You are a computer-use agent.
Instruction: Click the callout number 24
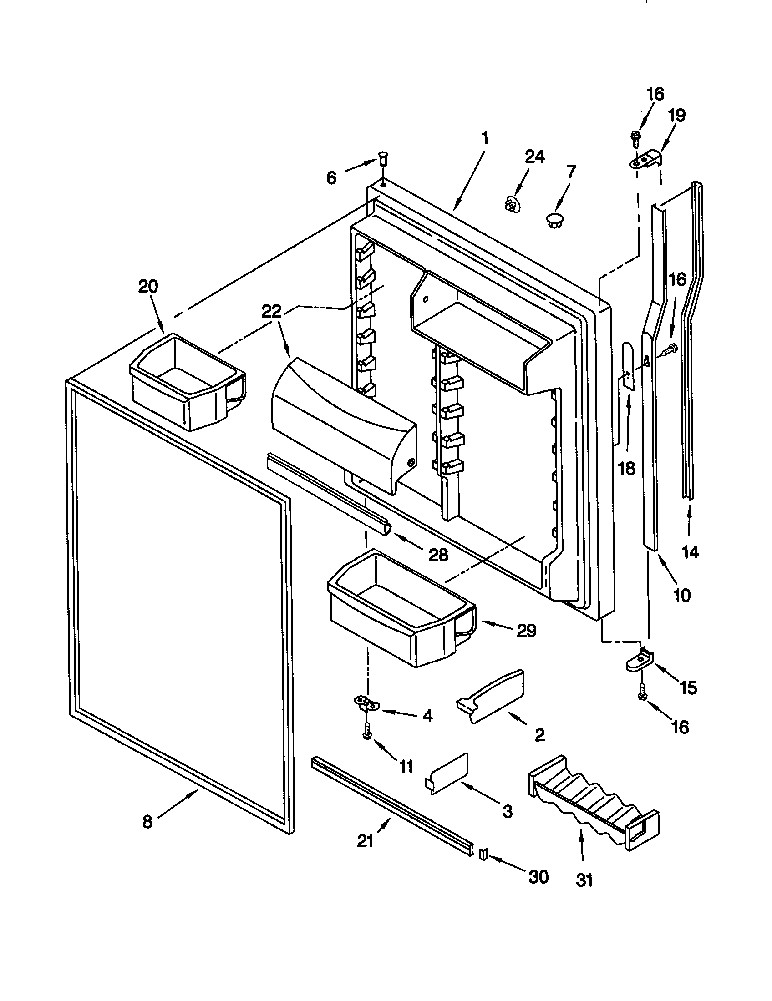point(534,157)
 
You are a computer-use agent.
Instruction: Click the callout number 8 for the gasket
point(147,822)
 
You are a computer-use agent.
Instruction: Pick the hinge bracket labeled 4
point(367,703)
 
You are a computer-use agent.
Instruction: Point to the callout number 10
point(682,595)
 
